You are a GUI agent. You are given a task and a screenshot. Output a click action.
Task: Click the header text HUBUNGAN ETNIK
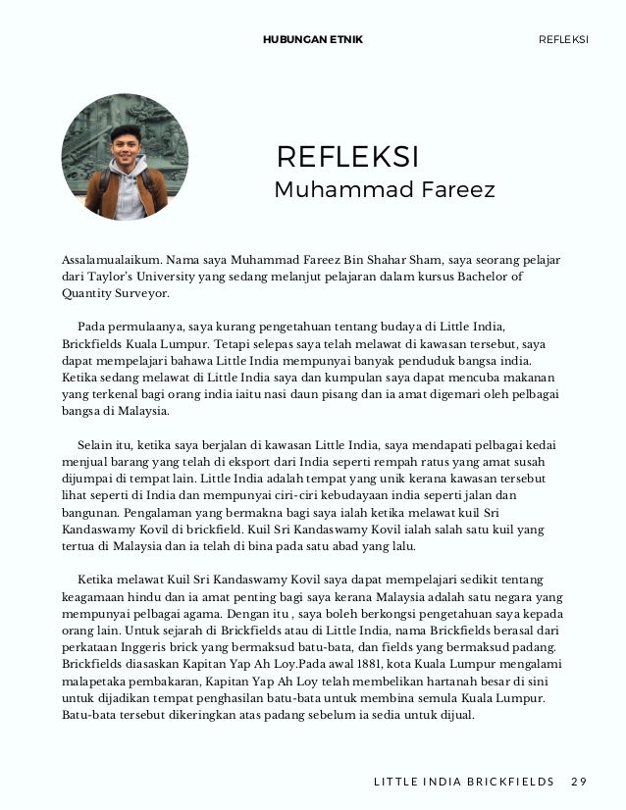pos(313,39)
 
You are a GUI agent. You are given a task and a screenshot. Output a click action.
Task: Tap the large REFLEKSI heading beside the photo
pos(348,157)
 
